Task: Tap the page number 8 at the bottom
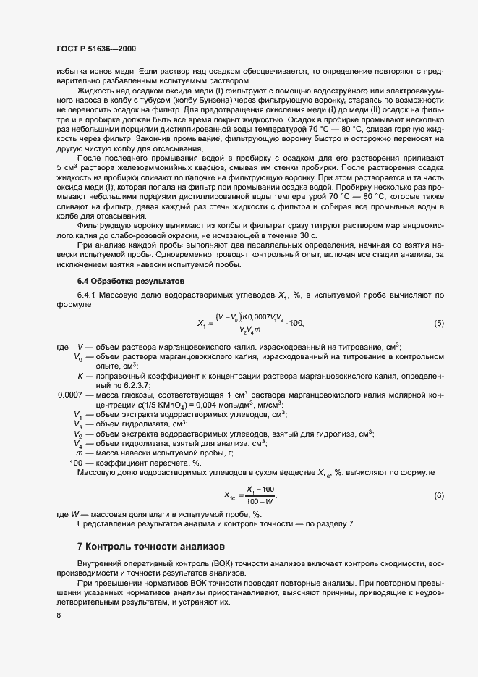[x=59, y=615]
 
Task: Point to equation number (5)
[x=438, y=323]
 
